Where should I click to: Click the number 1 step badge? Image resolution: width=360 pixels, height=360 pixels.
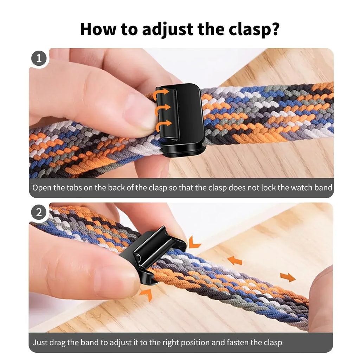(39, 58)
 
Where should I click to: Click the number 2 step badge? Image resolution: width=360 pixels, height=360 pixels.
(39, 213)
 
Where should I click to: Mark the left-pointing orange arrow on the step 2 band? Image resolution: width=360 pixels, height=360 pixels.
(234, 261)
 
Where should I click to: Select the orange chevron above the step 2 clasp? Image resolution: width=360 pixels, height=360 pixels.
(194, 242)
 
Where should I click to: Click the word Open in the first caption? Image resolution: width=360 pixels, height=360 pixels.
(42, 188)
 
